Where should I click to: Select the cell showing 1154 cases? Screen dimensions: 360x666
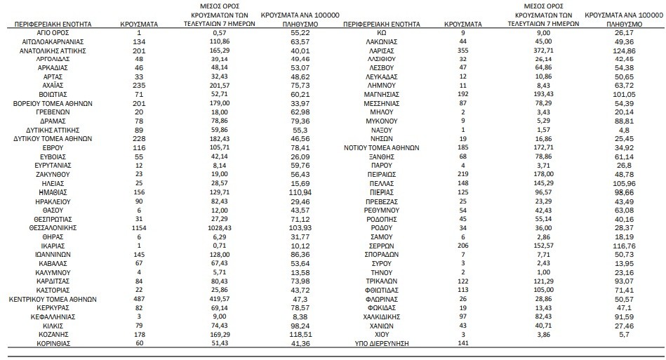[x=140, y=228]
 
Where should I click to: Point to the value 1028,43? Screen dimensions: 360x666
[x=220, y=228]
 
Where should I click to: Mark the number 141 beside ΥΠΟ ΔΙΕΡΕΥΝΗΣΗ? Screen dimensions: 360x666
[x=463, y=343]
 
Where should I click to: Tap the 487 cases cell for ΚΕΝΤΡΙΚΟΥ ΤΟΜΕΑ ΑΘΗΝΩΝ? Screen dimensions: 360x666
[x=140, y=299]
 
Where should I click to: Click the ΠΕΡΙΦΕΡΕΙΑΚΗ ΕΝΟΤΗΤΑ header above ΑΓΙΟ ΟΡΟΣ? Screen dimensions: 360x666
[x=53, y=24]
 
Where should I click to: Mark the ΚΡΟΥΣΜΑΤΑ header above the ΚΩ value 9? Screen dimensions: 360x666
[x=463, y=24]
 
